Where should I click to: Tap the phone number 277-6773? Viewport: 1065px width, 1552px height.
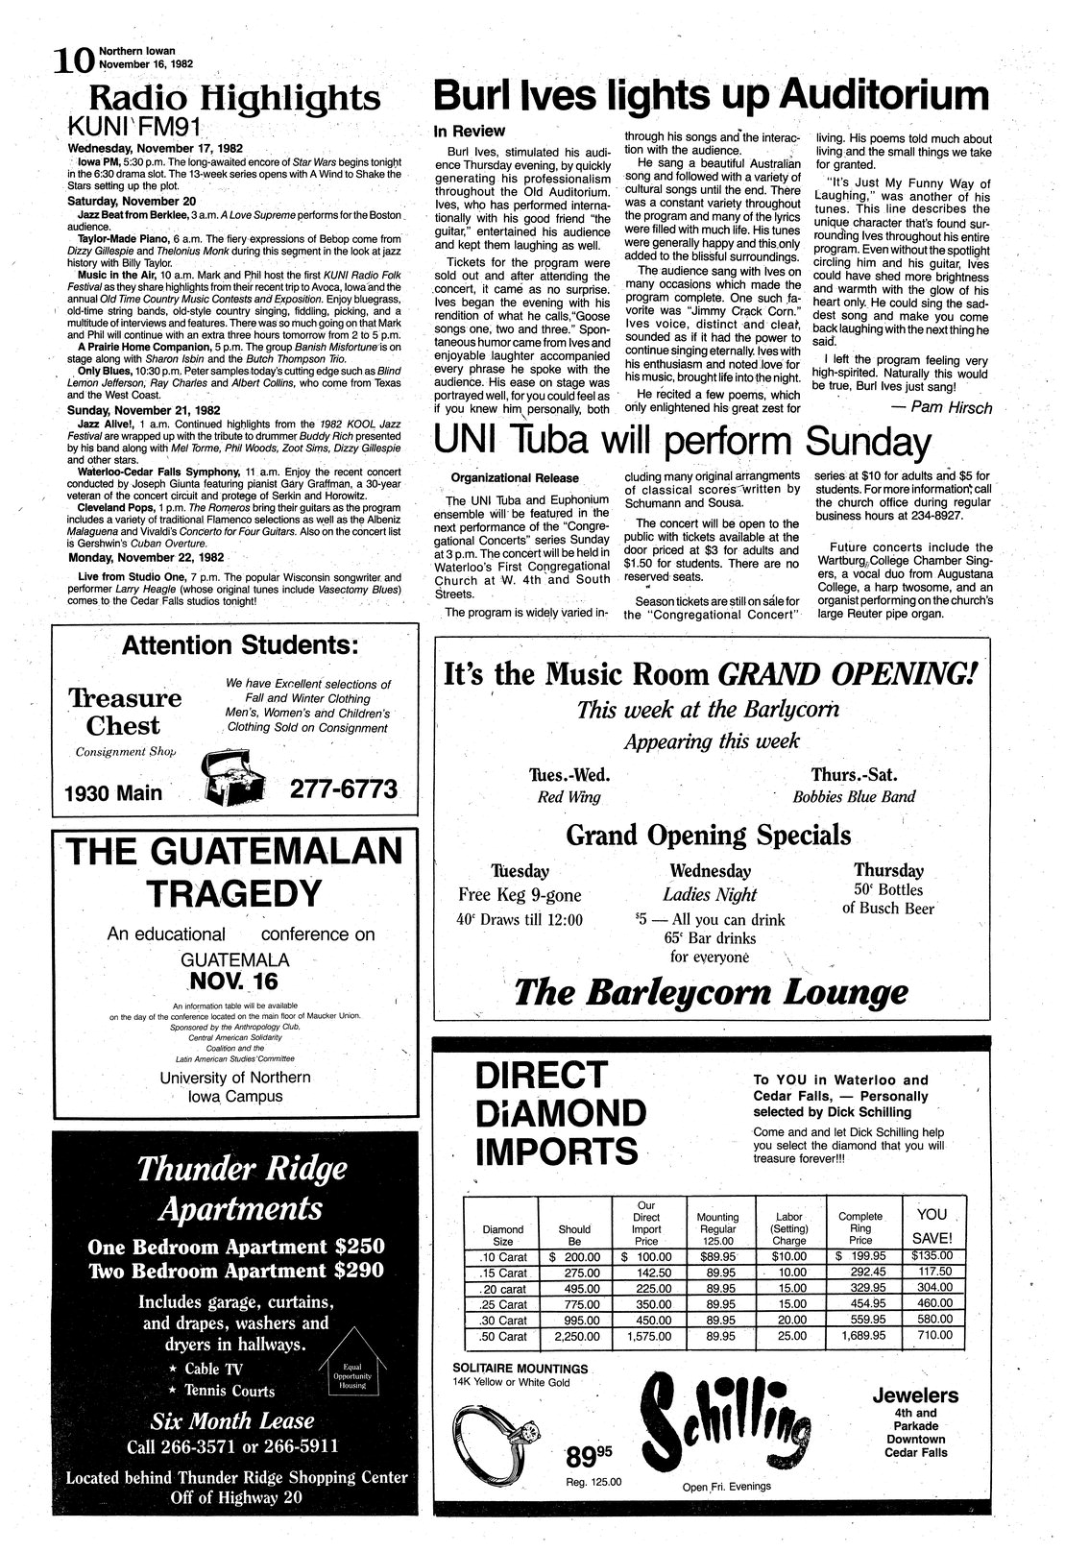click(x=343, y=789)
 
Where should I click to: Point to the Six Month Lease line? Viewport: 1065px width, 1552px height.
click(x=231, y=1421)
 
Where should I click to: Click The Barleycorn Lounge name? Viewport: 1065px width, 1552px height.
click(x=711, y=992)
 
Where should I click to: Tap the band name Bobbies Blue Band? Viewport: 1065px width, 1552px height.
click(x=854, y=796)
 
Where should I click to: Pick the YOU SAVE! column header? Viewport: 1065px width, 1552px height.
click(x=932, y=1225)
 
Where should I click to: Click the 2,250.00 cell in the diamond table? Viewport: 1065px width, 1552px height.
click(x=574, y=1336)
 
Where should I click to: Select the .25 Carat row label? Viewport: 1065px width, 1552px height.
click(x=503, y=1303)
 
